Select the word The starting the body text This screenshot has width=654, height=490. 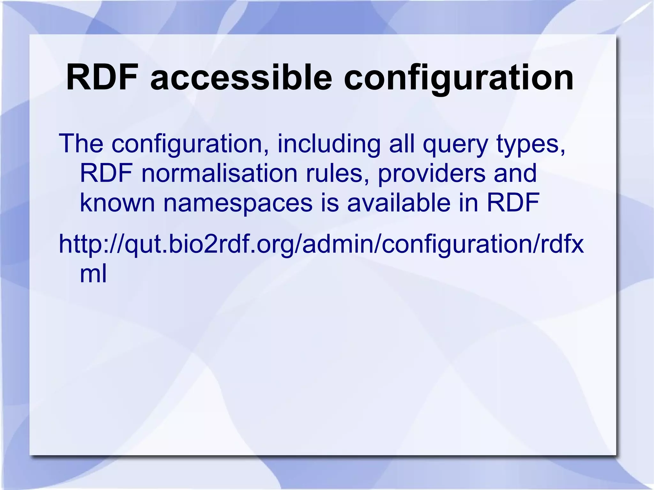[81, 144]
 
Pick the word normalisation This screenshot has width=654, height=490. [219, 173]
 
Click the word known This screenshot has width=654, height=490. [117, 203]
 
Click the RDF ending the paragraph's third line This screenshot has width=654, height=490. [513, 203]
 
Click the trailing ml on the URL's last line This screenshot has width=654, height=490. [93, 274]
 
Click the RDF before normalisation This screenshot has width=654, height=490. [106, 173]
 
